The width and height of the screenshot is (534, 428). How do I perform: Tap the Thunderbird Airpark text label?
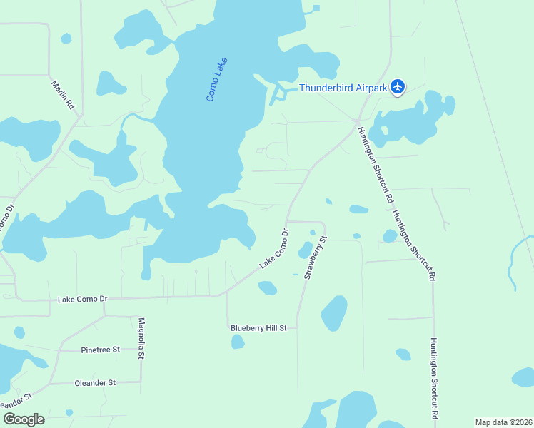pyautogui.click(x=343, y=88)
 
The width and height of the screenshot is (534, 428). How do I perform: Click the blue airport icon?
pyautogui.click(x=398, y=88)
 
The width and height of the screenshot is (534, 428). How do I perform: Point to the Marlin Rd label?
pyautogui.click(x=63, y=93)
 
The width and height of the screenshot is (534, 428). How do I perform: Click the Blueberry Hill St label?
pyautogui.click(x=258, y=328)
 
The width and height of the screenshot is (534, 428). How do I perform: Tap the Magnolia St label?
pyautogui.click(x=141, y=338)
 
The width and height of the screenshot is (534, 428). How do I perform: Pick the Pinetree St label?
pyautogui.click(x=100, y=350)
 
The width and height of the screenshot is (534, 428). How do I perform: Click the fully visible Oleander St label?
pyautogui.click(x=95, y=383)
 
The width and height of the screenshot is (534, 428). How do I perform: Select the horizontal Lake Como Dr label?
pyautogui.click(x=82, y=299)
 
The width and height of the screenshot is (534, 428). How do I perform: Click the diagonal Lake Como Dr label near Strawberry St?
pyautogui.click(x=273, y=249)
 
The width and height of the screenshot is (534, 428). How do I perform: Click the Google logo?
pyautogui.click(x=24, y=419)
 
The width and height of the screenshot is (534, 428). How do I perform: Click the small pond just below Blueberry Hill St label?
pyautogui.click(x=238, y=342)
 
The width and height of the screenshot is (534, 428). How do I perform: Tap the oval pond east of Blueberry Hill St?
pyautogui.click(x=333, y=312)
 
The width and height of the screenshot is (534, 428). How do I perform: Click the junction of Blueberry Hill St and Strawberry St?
pyautogui.click(x=297, y=329)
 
